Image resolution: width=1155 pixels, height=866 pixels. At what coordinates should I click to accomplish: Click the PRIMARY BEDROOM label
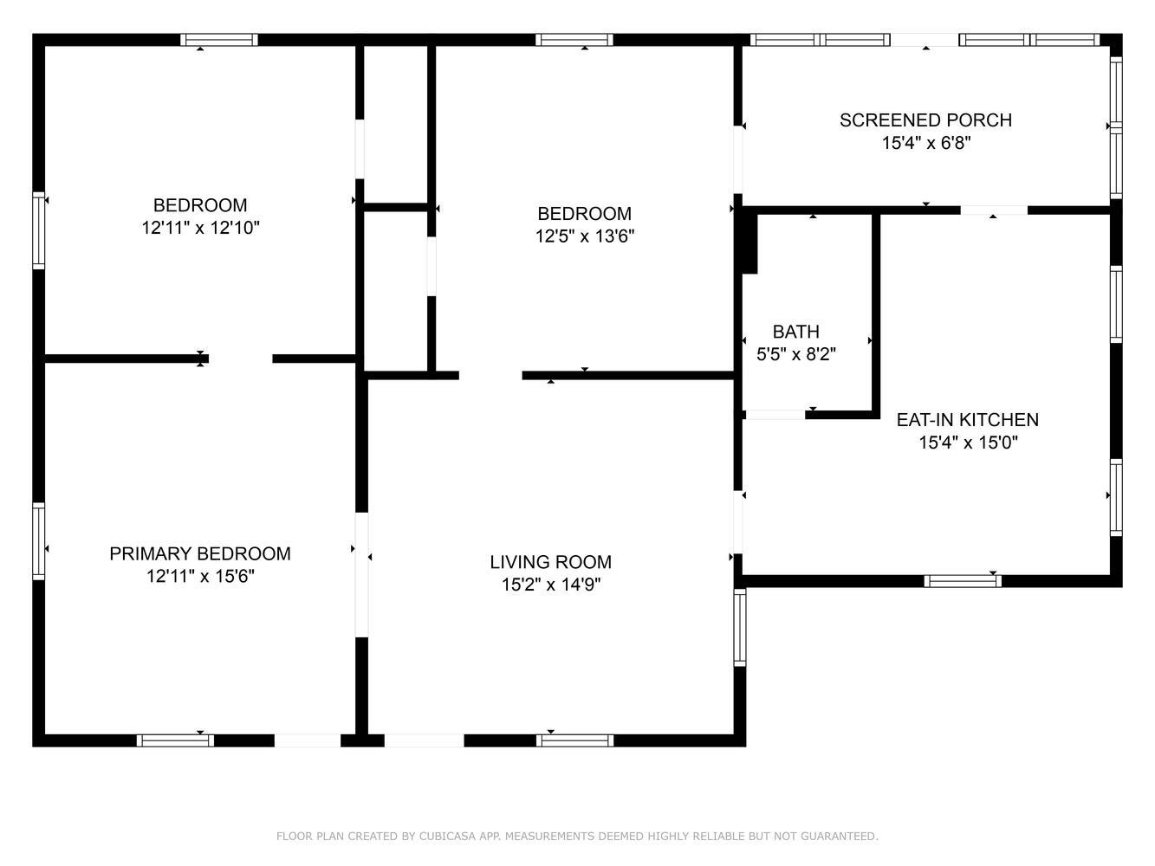(x=200, y=553)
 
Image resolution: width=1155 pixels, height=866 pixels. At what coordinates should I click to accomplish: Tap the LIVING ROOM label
(x=550, y=562)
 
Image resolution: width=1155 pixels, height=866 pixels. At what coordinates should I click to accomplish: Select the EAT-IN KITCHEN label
(x=968, y=420)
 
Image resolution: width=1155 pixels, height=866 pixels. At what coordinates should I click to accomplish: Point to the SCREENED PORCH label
(x=925, y=120)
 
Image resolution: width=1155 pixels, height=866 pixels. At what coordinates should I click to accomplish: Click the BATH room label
(x=795, y=332)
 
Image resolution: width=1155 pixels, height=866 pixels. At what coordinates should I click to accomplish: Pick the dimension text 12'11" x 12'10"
(x=200, y=228)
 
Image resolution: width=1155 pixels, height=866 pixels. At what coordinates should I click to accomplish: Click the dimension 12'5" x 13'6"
(x=585, y=236)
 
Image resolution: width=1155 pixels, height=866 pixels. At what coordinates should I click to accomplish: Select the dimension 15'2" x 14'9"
(x=550, y=585)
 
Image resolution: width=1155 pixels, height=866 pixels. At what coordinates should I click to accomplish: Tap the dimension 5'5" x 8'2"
(x=795, y=354)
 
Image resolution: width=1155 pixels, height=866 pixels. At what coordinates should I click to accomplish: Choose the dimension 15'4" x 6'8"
(x=925, y=143)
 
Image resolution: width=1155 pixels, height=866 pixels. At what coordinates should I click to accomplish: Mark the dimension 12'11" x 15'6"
(x=200, y=576)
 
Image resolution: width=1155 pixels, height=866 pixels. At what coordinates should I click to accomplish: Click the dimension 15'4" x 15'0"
(x=968, y=443)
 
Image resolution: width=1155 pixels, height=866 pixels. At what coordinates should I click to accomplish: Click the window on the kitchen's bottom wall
(x=963, y=581)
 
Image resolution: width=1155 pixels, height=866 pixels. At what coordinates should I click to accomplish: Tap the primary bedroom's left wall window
(x=38, y=541)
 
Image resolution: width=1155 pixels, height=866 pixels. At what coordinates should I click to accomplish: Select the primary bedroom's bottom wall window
(x=175, y=740)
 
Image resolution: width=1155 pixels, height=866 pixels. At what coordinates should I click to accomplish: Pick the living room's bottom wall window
(x=574, y=740)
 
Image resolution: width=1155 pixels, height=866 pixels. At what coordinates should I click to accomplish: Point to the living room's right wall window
(x=740, y=627)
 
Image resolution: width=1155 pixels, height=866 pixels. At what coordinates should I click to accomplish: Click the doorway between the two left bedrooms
(x=241, y=359)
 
